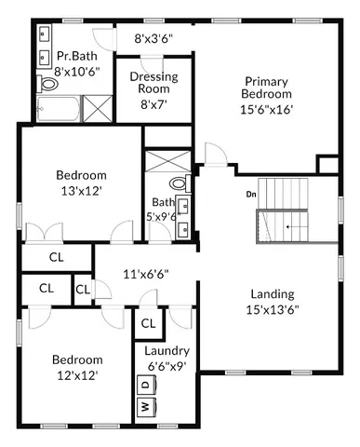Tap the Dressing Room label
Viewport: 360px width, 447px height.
coord(153,83)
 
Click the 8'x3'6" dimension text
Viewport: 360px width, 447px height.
coord(153,39)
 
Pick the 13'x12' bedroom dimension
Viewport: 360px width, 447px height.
coord(81,192)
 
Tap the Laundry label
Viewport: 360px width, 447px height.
coord(167,351)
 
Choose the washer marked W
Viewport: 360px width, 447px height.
coord(144,407)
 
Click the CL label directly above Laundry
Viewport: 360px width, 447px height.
coord(148,323)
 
